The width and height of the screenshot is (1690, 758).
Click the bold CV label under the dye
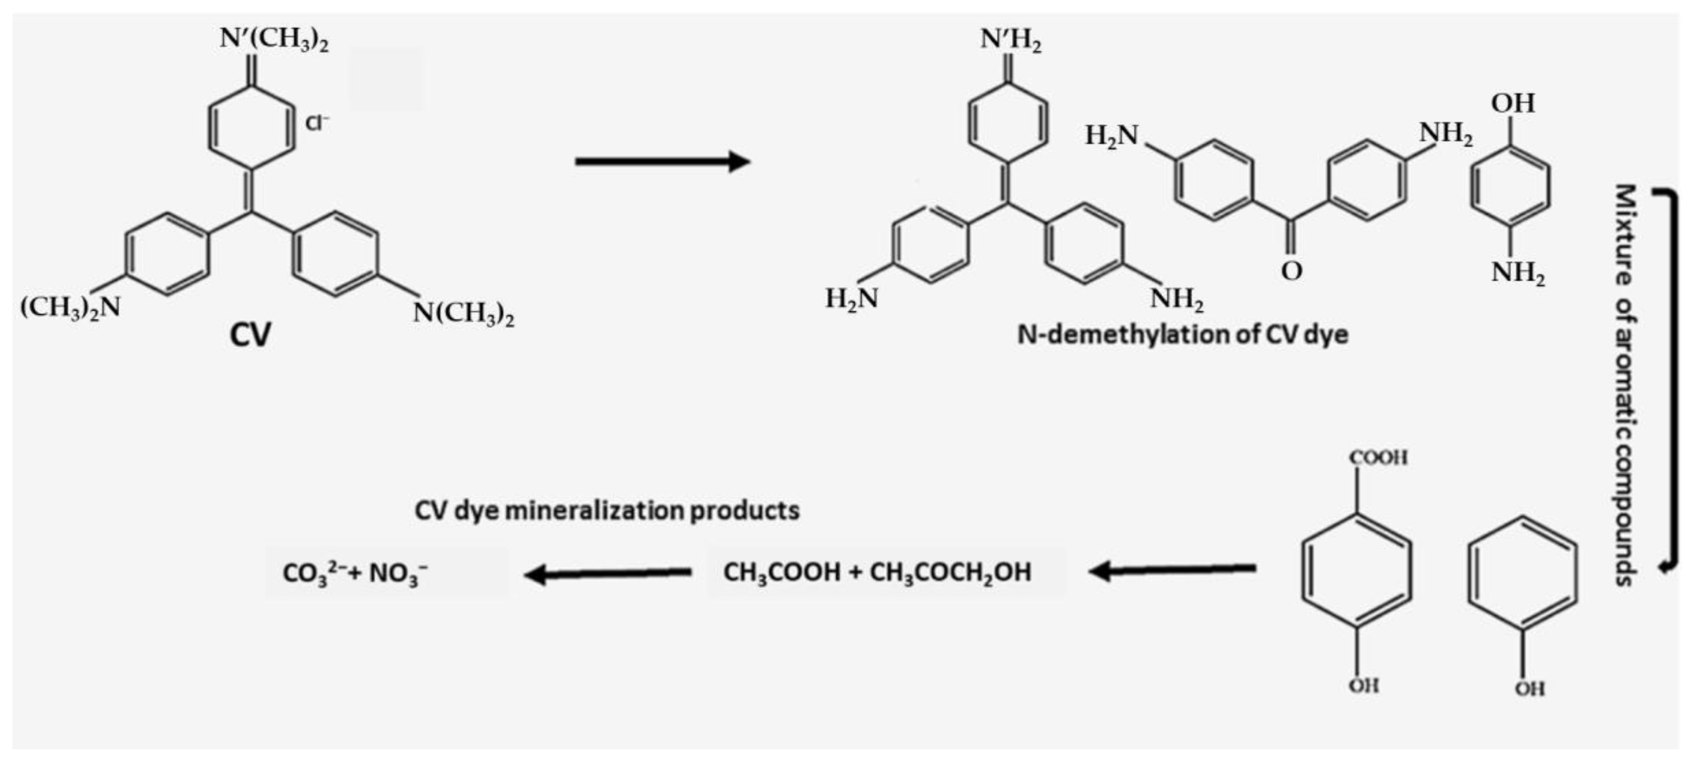pos(250,335)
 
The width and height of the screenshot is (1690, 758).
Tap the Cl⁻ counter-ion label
pos(317,123)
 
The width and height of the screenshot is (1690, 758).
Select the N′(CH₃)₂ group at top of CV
pos(274,39)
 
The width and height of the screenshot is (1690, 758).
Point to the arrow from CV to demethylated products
pos(663,161)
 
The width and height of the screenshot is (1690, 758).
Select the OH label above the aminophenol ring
pos(1513,103)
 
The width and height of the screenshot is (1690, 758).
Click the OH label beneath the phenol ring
pos(1530,688)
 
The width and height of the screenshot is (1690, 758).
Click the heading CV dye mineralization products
pos(607,510)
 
